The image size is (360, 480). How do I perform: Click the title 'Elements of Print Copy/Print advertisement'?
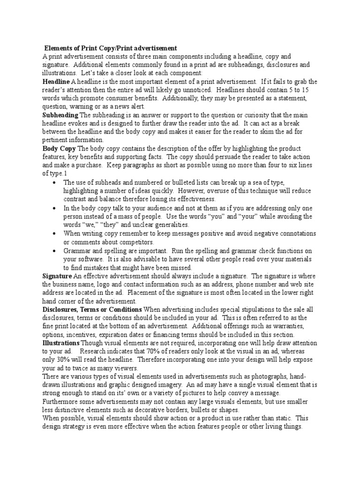tap(111, 48)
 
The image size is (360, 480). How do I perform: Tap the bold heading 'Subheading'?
tap(60, 115)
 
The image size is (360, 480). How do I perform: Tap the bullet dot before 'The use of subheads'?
tap(56, 182)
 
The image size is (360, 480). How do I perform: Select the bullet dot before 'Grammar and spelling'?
tap(56, 251)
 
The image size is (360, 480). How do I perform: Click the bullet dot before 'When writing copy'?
tap(56, 233)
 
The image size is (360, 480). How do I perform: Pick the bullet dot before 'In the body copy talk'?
tap(56, 208)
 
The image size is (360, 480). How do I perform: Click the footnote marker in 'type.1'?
tap(66, 173)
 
